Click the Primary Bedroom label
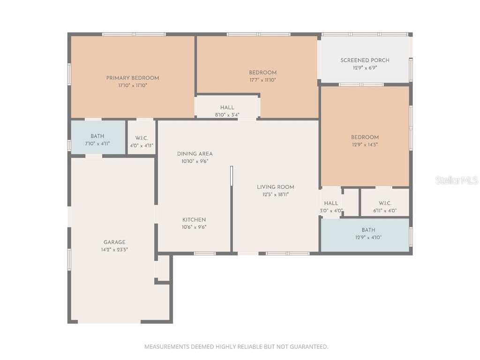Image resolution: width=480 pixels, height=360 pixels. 133,78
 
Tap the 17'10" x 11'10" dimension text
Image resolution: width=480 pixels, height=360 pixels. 133,85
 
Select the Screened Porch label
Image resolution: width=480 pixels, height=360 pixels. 365,60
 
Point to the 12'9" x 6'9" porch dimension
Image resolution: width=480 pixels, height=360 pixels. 365,67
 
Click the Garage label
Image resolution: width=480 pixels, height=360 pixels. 114,242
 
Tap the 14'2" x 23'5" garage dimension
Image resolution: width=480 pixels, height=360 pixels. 114,250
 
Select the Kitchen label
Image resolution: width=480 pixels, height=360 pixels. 194,219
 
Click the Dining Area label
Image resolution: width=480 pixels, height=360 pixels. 195,154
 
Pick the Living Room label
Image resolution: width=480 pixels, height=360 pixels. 276,187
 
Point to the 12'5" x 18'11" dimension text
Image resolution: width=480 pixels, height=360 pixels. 276,195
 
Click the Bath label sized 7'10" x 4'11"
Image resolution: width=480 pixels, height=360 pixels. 97,136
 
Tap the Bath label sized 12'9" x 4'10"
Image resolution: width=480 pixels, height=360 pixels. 368,230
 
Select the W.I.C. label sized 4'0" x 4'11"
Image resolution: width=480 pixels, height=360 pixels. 142,138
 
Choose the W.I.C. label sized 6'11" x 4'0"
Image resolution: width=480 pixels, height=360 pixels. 385,203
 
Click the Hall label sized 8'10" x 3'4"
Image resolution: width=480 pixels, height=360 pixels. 227,107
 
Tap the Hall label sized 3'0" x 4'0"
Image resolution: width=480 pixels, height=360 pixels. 331,203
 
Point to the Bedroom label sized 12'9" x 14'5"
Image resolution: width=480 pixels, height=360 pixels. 365,137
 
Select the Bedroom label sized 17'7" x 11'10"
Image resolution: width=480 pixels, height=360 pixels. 262,72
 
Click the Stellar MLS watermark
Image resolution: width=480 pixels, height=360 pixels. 456,180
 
